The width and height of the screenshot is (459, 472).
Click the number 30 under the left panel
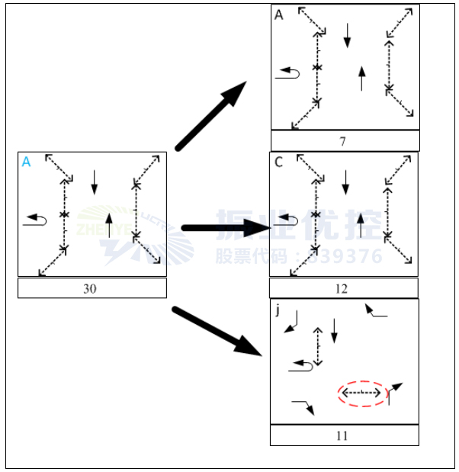click(91, 288)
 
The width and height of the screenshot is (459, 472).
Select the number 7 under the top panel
click(343, 141)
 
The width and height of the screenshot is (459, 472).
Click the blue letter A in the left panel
click(27, 162)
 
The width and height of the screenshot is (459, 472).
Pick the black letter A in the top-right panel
click(279, 14)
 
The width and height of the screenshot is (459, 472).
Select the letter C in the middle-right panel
click(278, 162)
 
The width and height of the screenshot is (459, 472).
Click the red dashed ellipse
click(361, 393)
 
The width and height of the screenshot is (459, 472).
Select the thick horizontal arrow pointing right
click(224, 227)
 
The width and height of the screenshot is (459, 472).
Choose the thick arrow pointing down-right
click(217, 331)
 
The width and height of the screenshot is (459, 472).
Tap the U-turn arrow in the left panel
click(35, 220)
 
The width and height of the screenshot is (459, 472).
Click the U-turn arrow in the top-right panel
click(288, 72)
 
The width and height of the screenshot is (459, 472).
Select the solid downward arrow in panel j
click(334, 330)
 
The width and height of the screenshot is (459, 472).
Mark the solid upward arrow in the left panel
click(110, 225)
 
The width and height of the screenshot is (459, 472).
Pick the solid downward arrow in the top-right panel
click(348, 34)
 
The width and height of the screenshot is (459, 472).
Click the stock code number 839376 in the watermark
click(349, 256)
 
